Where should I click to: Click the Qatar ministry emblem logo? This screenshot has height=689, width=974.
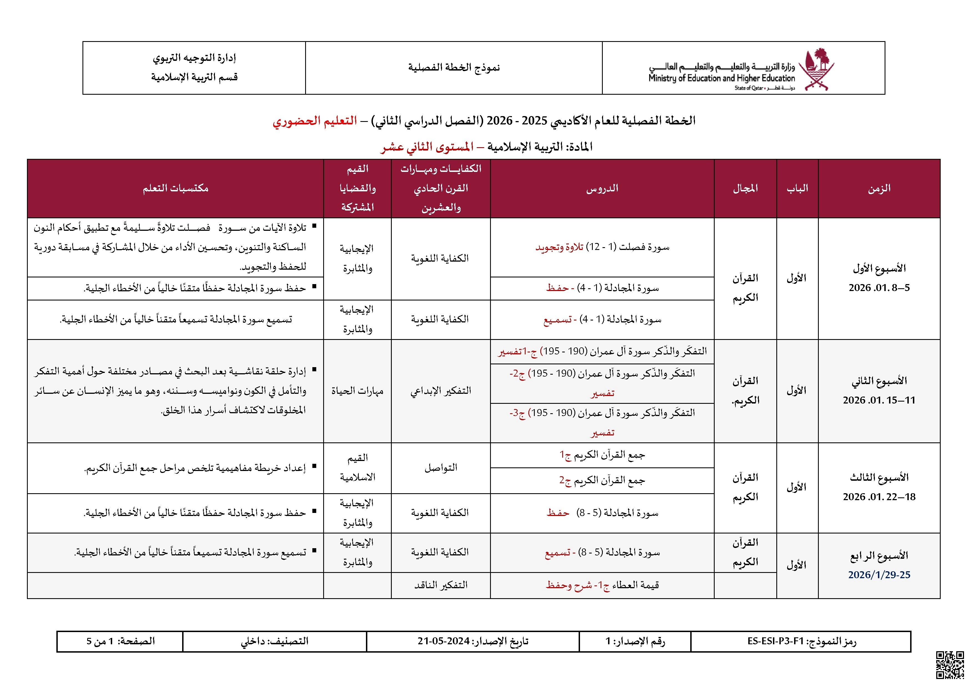(x=816, y=69)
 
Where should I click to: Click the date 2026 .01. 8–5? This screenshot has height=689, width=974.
(x=879, y=288)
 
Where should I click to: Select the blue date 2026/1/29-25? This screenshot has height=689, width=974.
(x=879, y=575)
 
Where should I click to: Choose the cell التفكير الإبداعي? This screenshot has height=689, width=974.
(x=440, y=391)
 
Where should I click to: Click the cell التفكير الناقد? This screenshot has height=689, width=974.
(x=440, y=585)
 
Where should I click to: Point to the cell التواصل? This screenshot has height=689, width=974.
(x=440, y=468)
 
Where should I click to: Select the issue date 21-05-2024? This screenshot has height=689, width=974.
(x=443, y=641)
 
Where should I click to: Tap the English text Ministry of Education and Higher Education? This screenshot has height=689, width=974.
(x=721, y=78)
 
